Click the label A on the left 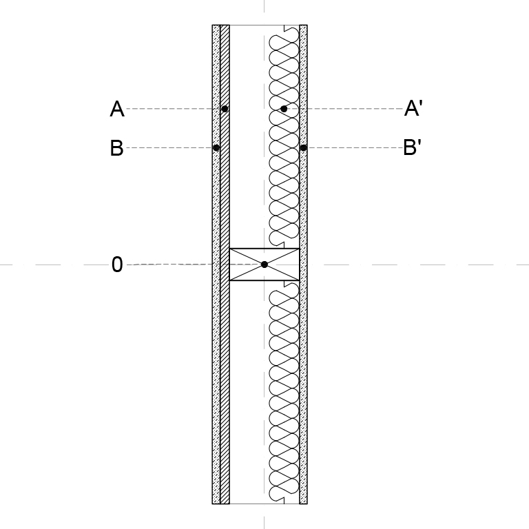tap(117, 109)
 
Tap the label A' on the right tap(413, 108)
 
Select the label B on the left tap(116, 148)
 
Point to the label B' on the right tap(413, 147)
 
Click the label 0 tap(117, 264)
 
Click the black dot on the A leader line tap(225, 109)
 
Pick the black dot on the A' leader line tap(284, 109)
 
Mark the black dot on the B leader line tap(216, 148)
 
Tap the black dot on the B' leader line tap(303, 148)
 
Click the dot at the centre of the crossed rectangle tap(264, 264)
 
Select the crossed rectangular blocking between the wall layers tap(264, 264)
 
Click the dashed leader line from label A tap(174, 109)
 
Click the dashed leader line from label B tap(169, 148)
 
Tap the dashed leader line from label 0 tap(194, 264)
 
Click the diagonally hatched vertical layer tap(225, 264)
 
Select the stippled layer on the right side tap(303, 264)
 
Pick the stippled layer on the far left tap(216, 264)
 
